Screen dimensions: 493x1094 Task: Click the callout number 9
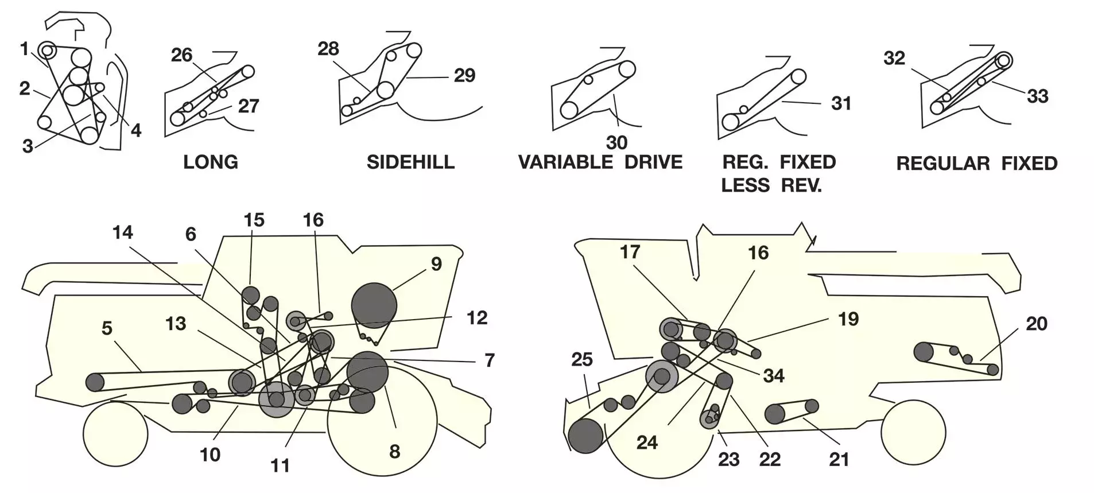(436, 264)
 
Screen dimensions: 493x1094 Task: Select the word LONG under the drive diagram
(210, 162)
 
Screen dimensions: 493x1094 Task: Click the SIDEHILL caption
(410, 162)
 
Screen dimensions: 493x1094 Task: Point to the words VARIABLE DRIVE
(600, 162)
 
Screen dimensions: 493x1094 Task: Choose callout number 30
(617, 142)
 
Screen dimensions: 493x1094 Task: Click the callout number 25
(582, 359)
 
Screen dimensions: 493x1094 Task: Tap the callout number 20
(1036, 324)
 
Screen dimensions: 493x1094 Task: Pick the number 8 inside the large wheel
(394, 452)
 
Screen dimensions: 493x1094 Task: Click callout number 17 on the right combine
(630, 252)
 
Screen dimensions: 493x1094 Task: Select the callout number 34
(774, 376)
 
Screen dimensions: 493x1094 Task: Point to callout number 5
(107, 328)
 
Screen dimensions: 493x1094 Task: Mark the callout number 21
(839, 459)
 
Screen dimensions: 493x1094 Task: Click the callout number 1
(24, 49)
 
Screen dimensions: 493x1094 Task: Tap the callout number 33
(1037, 96)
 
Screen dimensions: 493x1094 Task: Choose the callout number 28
(328, 49)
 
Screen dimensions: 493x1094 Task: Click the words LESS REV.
(771, 185)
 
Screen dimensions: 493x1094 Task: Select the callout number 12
(477, 318)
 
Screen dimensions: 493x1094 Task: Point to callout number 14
(123, 232)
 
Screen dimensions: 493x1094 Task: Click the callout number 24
(647, 442)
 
